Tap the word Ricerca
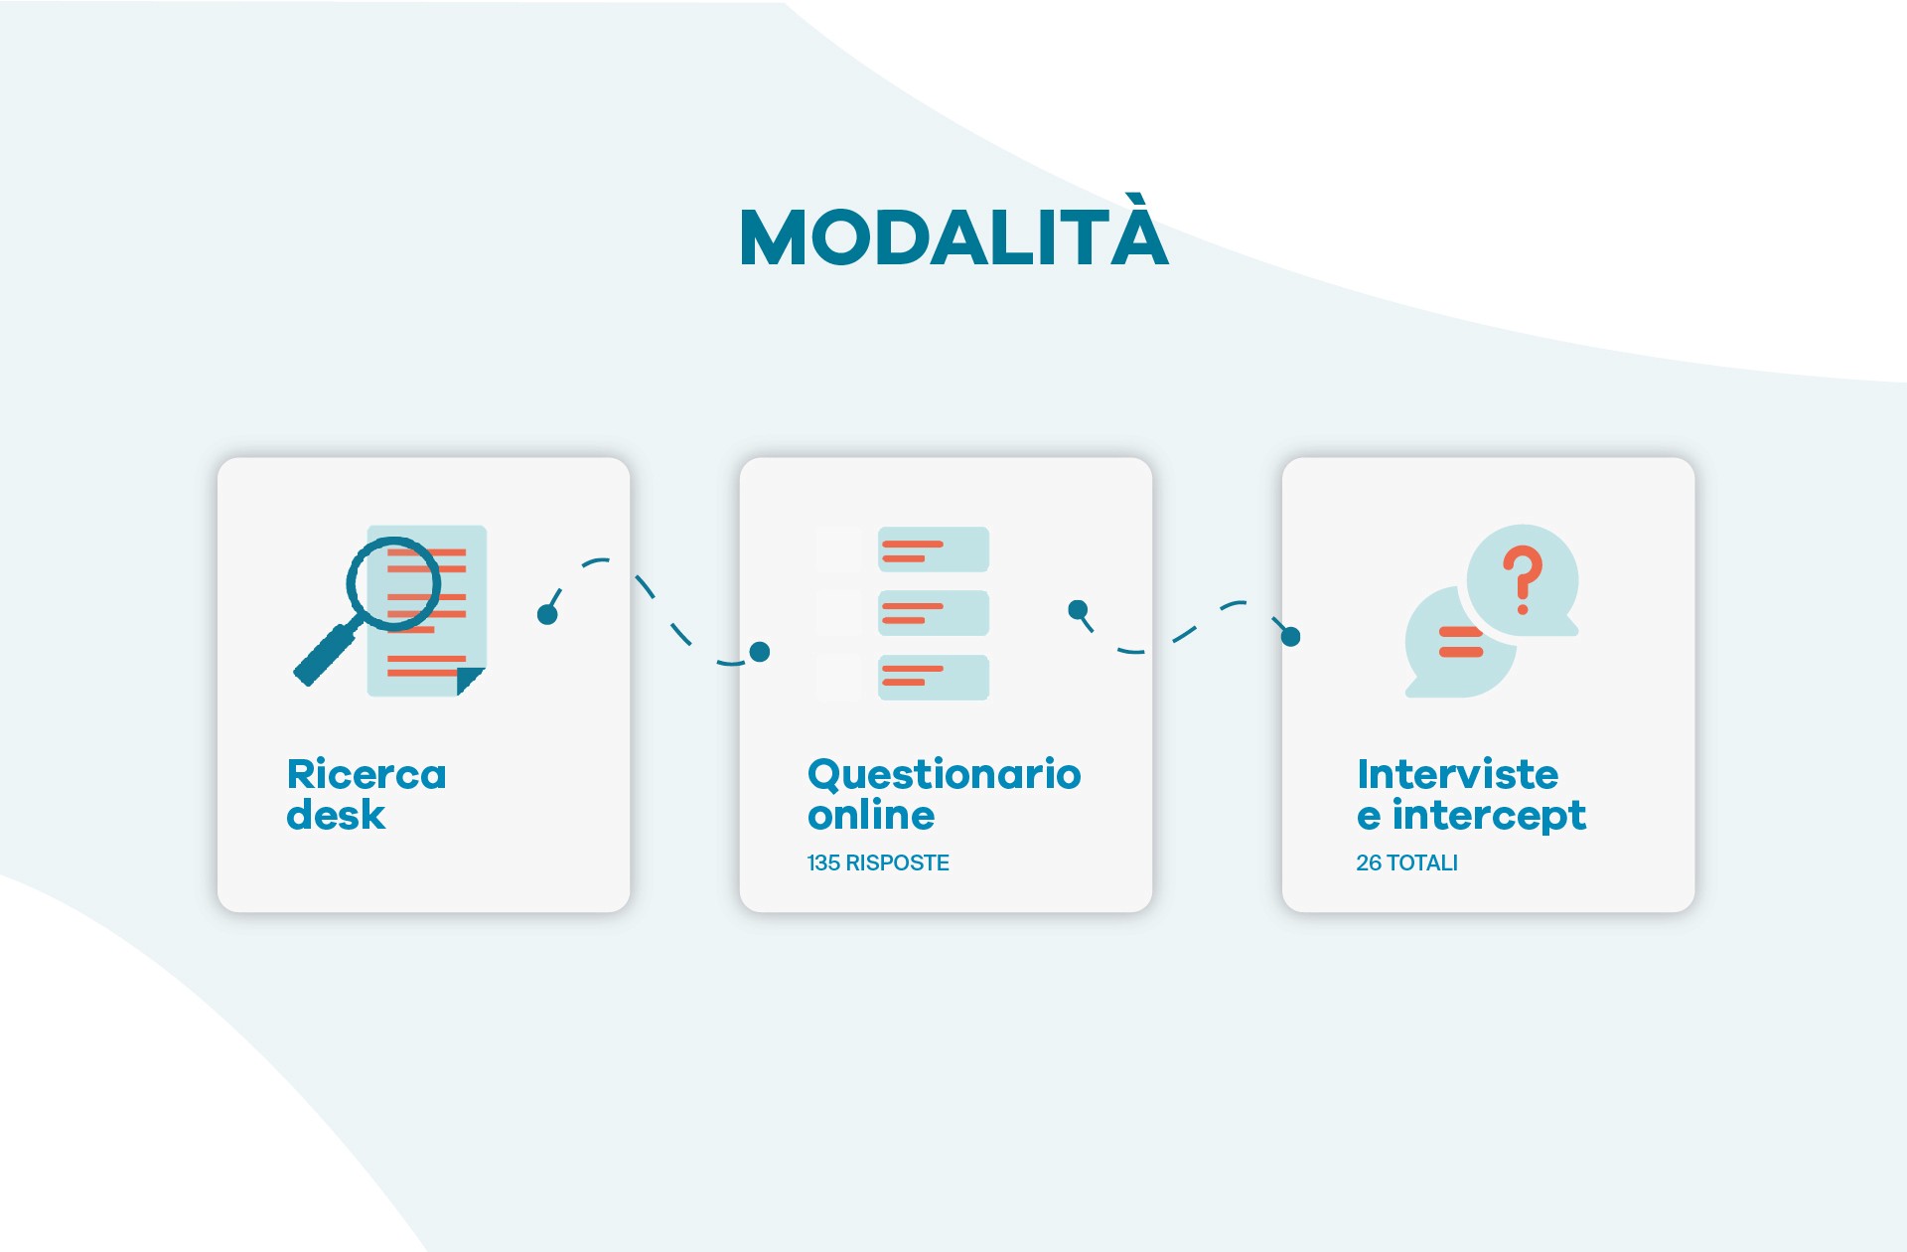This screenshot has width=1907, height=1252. click(367, 775)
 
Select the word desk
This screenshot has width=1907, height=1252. click(336, 816)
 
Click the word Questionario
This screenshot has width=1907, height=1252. click(944, 775)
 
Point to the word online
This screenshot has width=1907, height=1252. click(871, 816)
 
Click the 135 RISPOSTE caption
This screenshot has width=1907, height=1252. click(878, 862)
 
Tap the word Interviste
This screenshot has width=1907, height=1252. click(1457, 775)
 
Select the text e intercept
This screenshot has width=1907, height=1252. click(1471, 816)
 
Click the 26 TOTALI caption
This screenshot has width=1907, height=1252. click(1406, 862)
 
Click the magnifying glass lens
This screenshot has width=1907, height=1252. click(393, 584)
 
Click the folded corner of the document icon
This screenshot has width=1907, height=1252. click(468, 681)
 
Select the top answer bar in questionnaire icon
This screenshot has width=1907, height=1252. click(933, 549)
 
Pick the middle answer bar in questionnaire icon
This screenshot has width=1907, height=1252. click(933, 613)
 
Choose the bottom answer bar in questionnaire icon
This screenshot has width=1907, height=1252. click(933, 677)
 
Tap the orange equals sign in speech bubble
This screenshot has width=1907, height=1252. click(1460, 642)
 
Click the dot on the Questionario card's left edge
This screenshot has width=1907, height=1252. click(760, 652)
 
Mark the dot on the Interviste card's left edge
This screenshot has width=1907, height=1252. click(1290, 637)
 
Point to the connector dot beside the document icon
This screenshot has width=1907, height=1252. click(547, 615)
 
